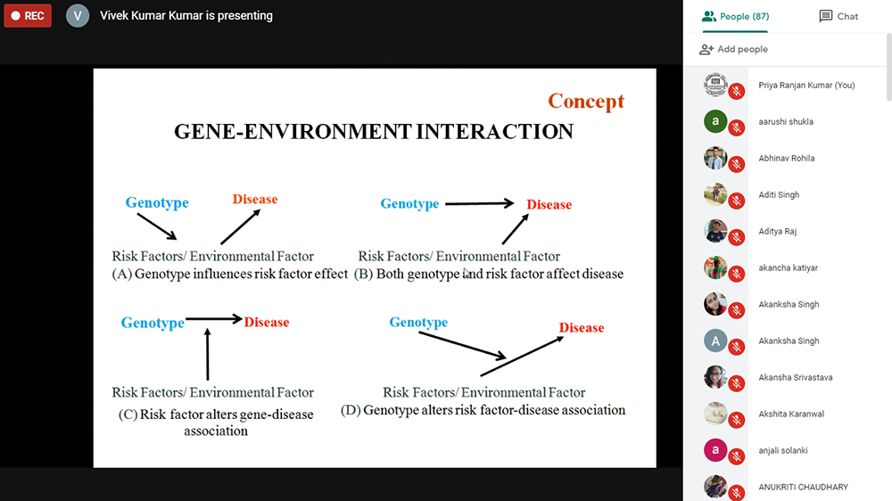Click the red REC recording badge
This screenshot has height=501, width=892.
(x=28, y=15)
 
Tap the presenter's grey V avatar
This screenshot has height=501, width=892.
(x=78, y=15)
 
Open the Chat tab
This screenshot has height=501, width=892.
(x=838, y=16)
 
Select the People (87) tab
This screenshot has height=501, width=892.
(x=735, y=16)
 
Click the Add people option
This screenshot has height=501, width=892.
(x=734, y=49)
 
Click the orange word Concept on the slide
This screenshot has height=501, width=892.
(x=586, y=102)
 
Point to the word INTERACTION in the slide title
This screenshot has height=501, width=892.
(x=494, y=131)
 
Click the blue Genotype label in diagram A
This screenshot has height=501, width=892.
(x=157, y=202)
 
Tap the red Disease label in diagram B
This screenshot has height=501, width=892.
(x=549, y=205)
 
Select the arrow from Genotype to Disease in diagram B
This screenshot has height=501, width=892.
(x=480, y=203)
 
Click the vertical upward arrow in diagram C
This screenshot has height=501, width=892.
(x=208, y=354)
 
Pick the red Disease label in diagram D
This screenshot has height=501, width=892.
(x=582, y=327)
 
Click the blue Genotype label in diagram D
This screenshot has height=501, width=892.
(x=418, y=323)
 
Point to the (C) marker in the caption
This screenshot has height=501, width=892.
(x=128, y=415)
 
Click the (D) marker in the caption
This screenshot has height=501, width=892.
(x=351, y=410)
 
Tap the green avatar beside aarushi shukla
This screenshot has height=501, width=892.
(x=715, y=121)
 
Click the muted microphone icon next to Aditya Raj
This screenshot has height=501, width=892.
(x=737, y=237)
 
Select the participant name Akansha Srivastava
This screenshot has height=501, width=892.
(x=796, y=378)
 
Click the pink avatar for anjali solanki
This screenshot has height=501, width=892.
(x=715, y=450)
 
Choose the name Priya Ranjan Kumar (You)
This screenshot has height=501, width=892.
(x=806, y=86)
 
